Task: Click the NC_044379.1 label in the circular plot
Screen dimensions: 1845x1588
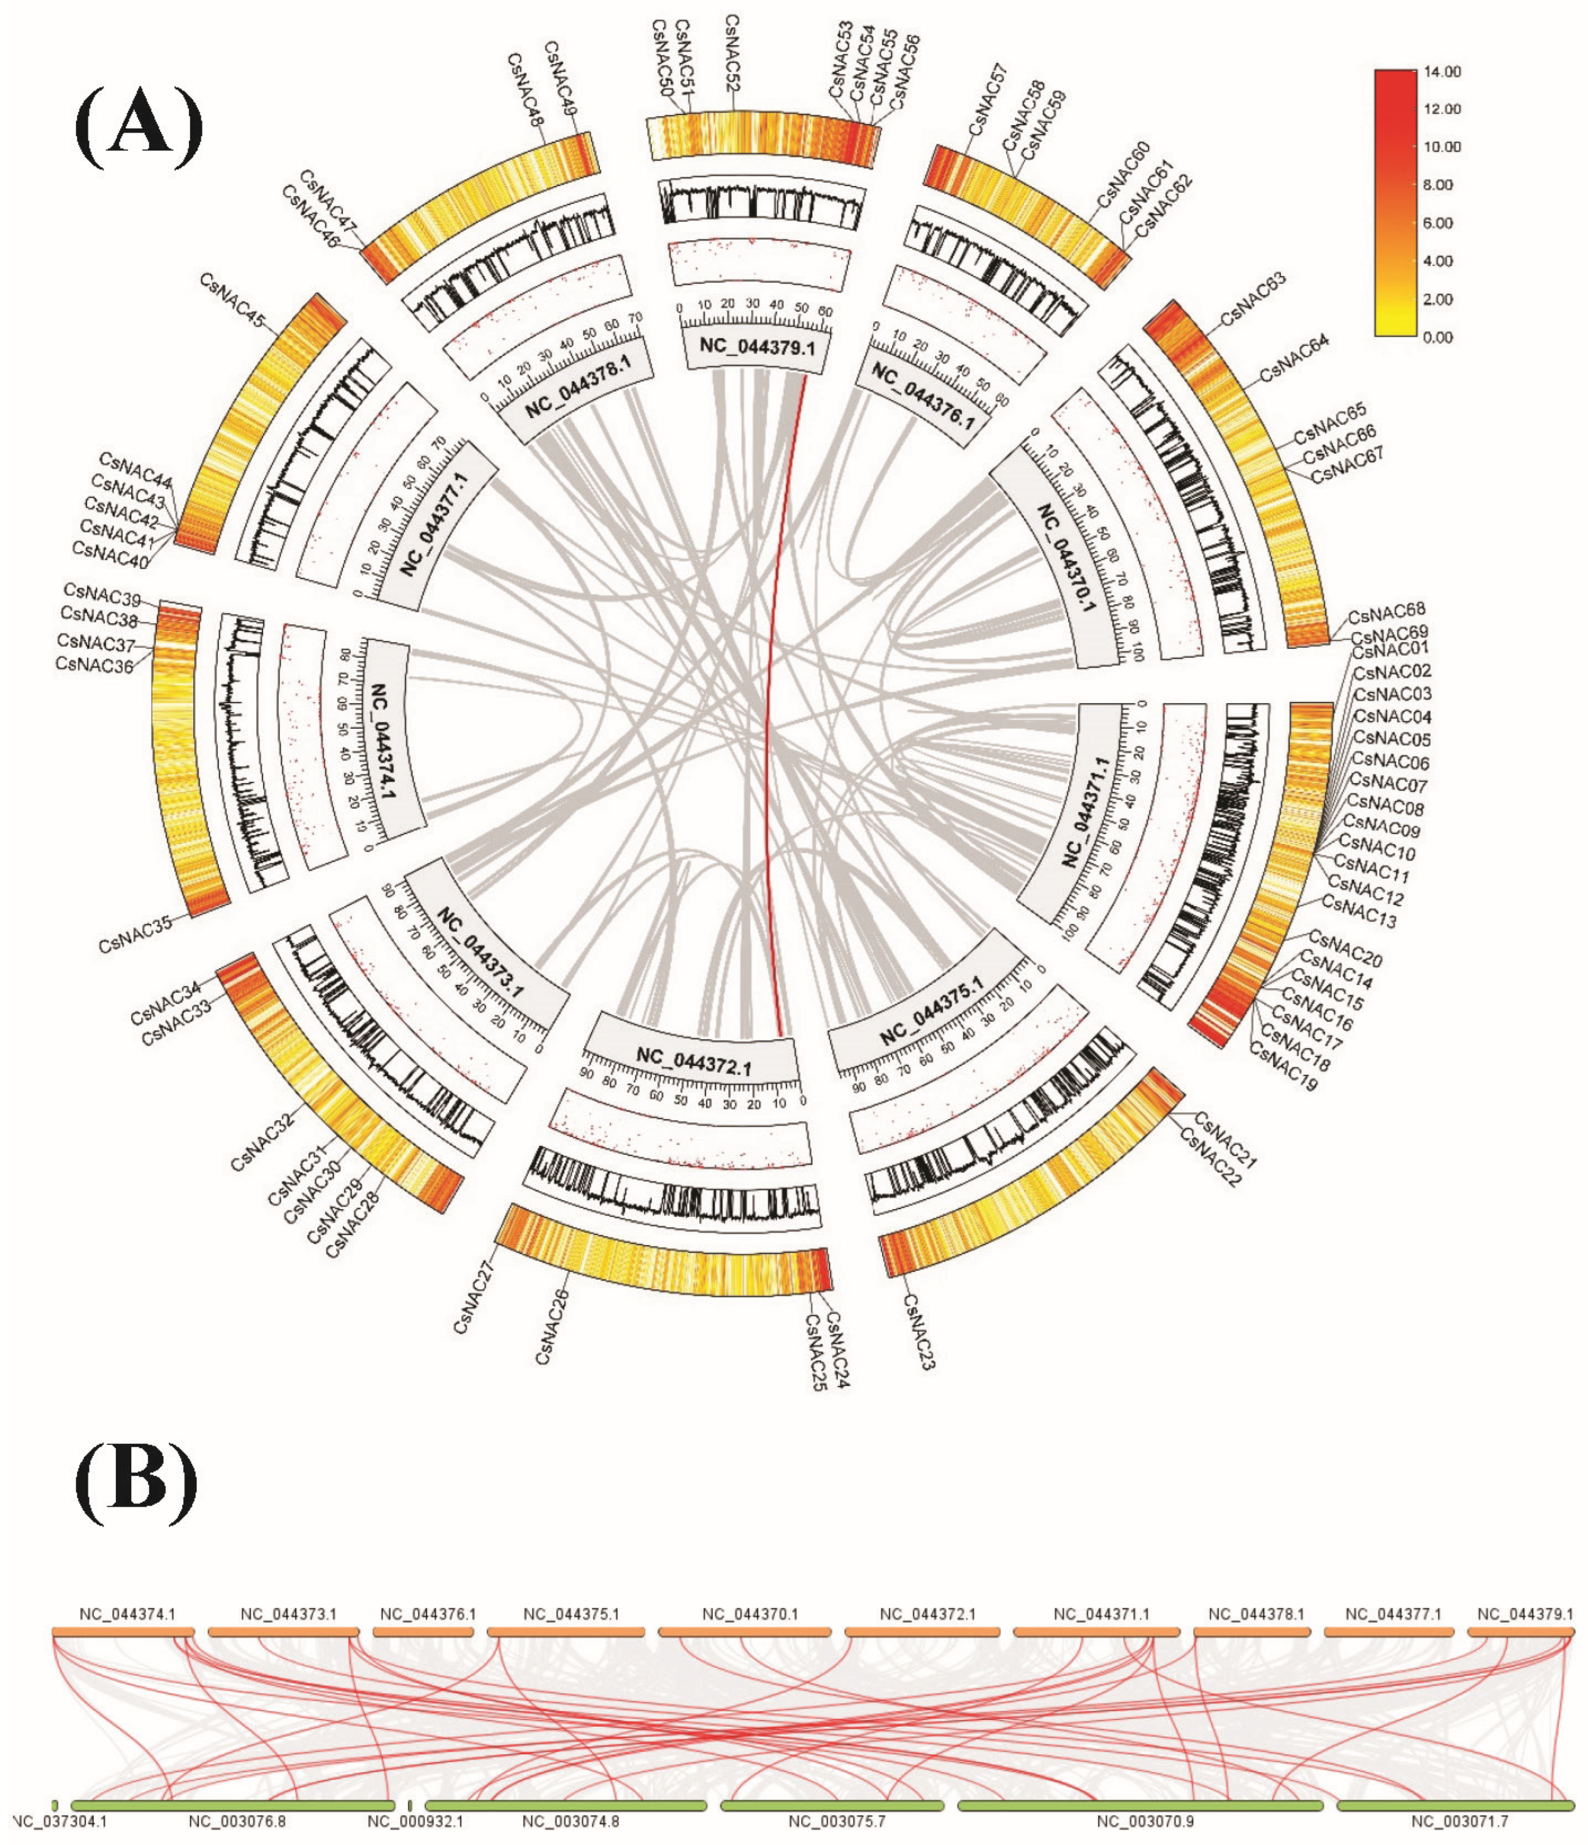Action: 756,346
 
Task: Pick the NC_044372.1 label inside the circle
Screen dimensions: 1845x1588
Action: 694,1060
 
